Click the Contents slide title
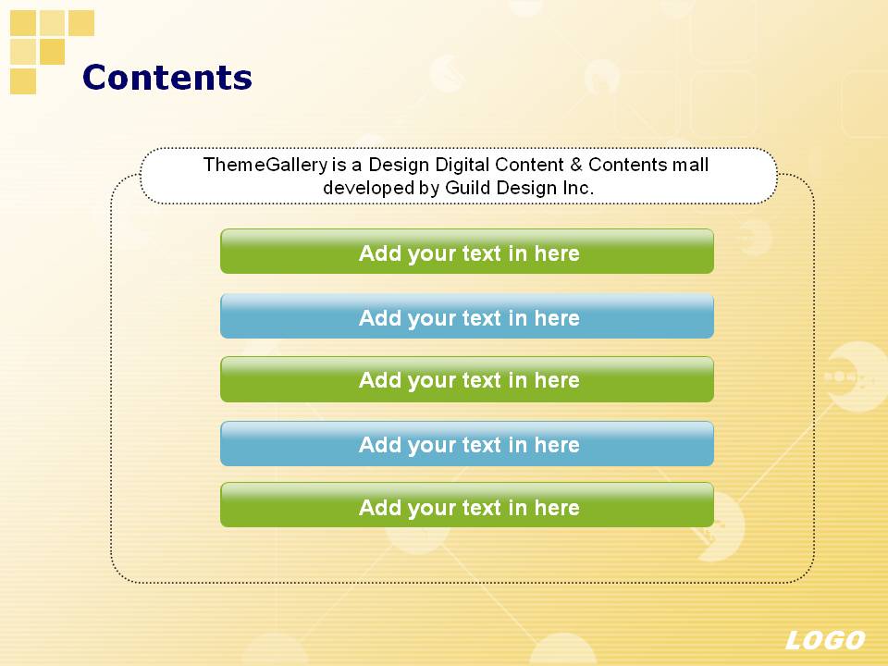pos(167,77)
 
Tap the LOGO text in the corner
pos(825,640)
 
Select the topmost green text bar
pos(466,252)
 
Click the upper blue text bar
pos(466,316)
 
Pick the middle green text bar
pos(466,379)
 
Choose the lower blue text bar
pos(466,443)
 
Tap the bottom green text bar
pos(466,505)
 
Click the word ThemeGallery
pos(265,166)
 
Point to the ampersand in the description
pos(576,165)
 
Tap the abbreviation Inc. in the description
pos(577,188)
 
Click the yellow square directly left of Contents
pos(23,81)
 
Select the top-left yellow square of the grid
pos(23,22)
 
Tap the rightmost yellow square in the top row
pos(81,22)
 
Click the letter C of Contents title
pos(95,78)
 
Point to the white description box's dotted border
pos(459,148)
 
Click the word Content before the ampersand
pos(529,165)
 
